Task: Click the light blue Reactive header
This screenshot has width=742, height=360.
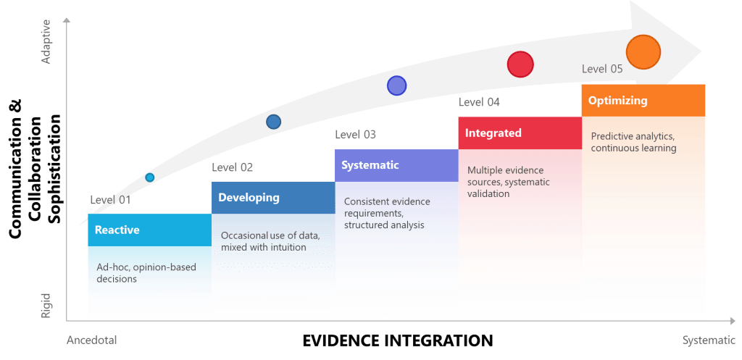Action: tap(149, 230)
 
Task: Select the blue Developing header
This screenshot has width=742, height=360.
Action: tap(273, 198)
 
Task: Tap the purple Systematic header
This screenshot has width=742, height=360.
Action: tap(396, 165)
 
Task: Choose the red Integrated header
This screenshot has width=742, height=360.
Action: tap(519, 133)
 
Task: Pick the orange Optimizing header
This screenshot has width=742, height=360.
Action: tap(643, 101)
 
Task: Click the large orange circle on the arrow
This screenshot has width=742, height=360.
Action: tap(643, 51)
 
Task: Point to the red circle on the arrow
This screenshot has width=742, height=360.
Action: tap(520, 64)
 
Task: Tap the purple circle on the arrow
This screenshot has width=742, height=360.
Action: tap(396, 85)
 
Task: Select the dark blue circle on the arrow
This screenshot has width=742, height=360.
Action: tap(273, 122)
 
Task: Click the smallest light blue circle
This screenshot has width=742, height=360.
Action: tap(150, 177)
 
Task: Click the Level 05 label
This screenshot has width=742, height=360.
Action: tap(602, 70)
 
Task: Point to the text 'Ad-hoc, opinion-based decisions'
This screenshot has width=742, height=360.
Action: tap(146, 273)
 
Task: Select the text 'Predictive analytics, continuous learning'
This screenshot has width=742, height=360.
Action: tap(633, 142)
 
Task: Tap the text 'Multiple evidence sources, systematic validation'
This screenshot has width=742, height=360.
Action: tap(509, 182)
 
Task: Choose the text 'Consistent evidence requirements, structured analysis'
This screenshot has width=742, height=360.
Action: tap(387, 213)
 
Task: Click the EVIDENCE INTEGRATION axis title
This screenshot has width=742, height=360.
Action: tap(397, 340)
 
